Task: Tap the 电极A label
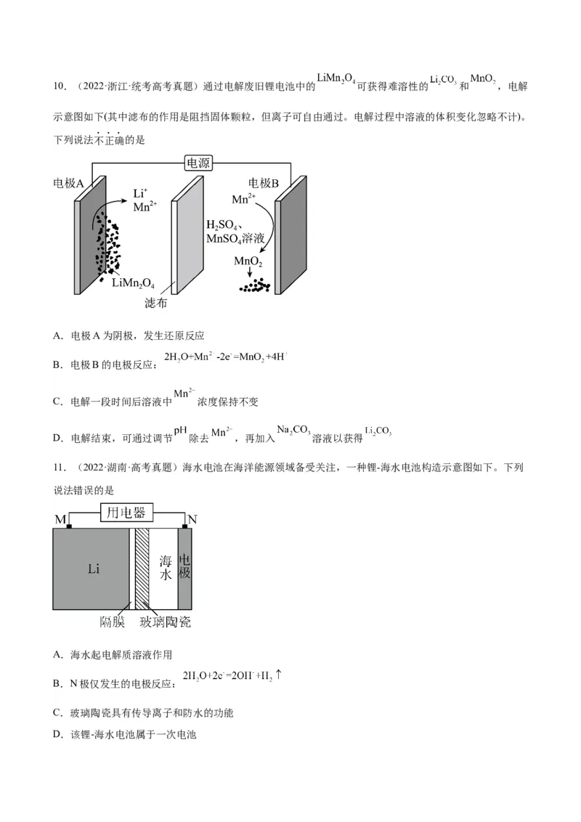(69, 183)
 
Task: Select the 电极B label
(264, 183)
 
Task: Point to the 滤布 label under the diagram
(156, 304)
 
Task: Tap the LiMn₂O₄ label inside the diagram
(133, 282)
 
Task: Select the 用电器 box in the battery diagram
(126, 513)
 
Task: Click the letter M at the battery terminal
(60, 520)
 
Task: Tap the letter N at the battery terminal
(192, 520)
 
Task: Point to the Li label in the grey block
(94, 569)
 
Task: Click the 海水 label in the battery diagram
(165, 567)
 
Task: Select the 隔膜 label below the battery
(113, 622)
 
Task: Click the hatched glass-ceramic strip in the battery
(142, 569)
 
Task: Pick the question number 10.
(60, 87)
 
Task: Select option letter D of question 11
(57, 735)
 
